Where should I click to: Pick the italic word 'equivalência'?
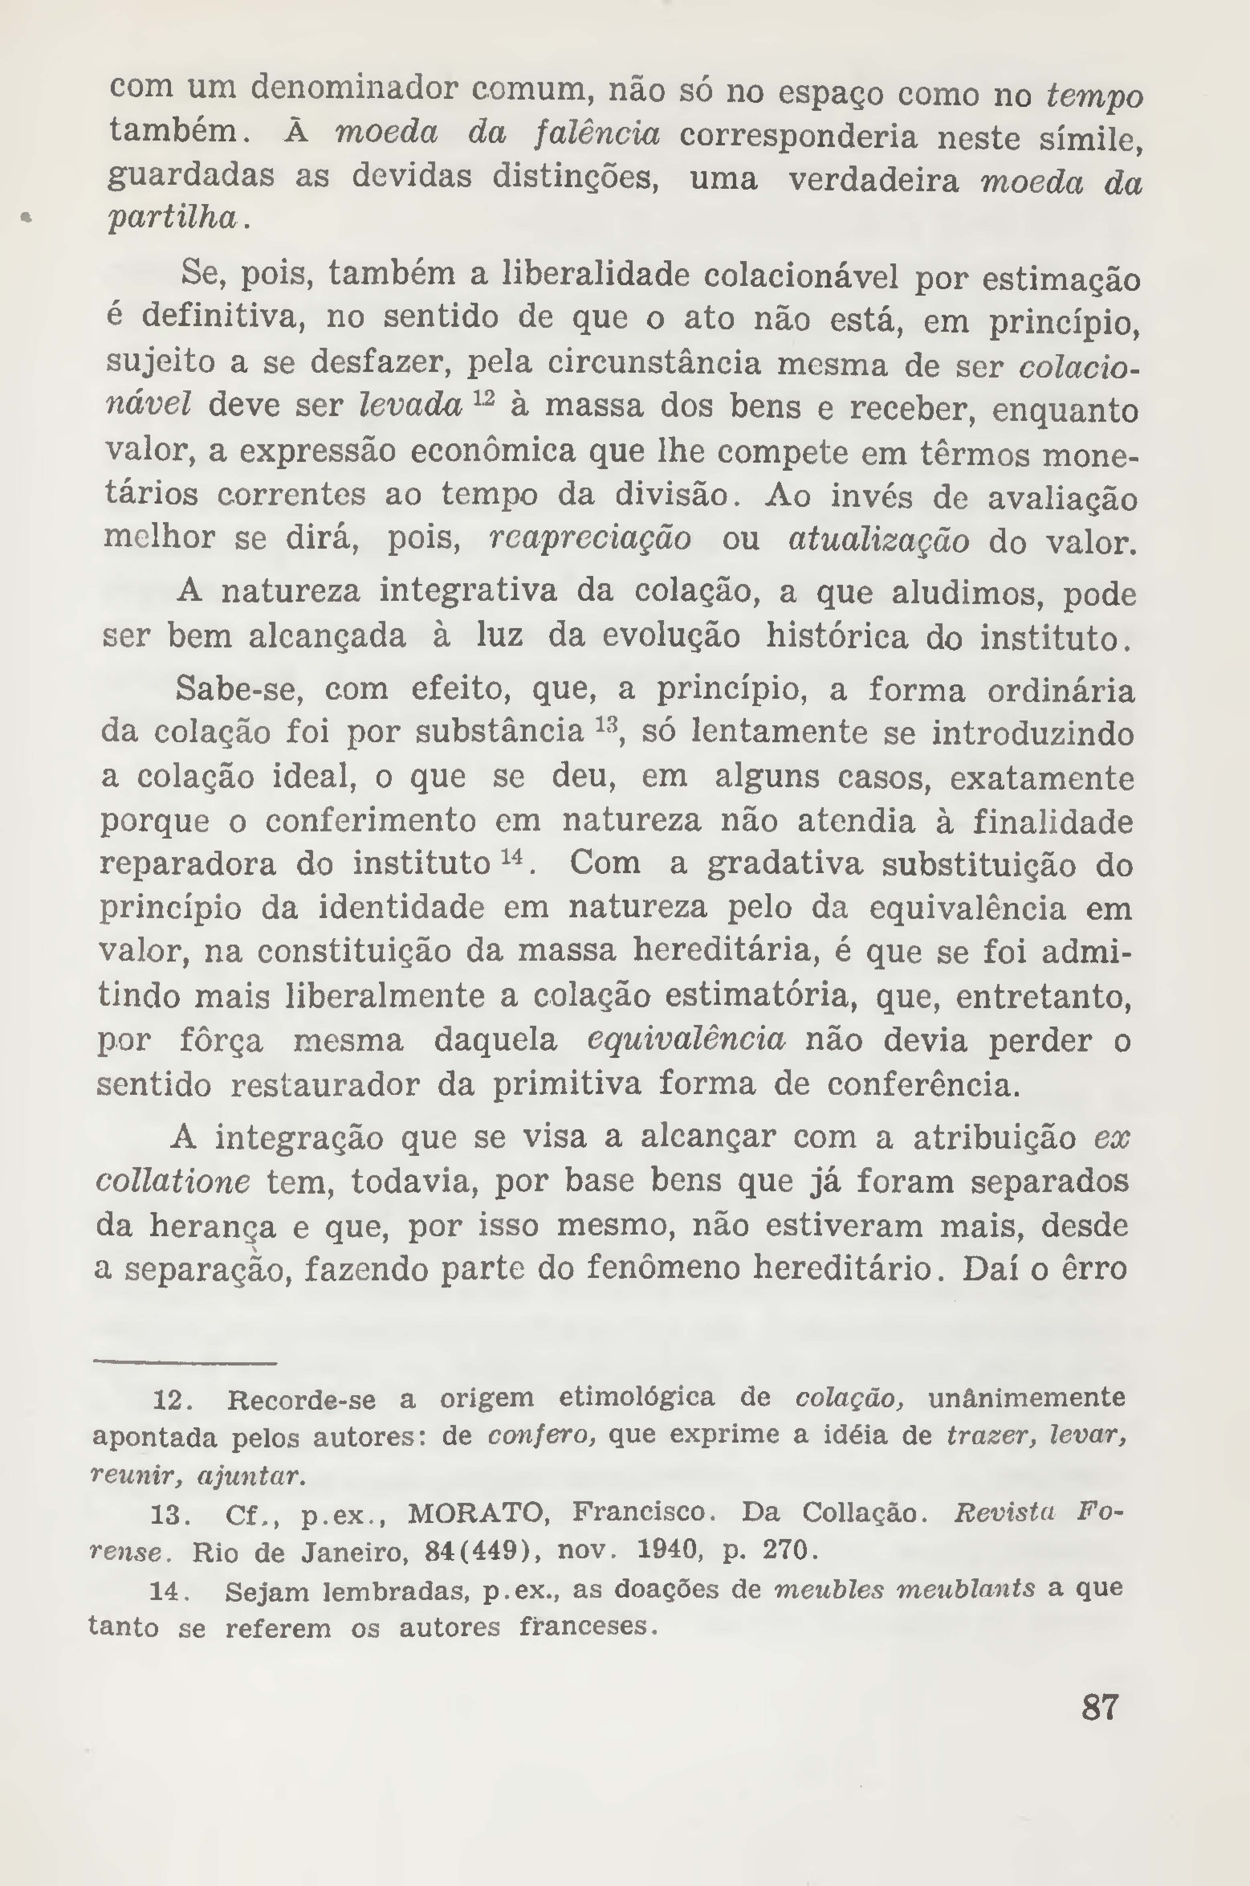[686, 1040]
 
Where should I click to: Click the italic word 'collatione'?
[173, 1180]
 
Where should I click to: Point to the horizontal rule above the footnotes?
[185, 1363]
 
